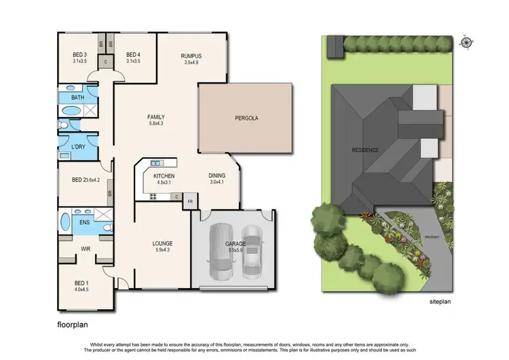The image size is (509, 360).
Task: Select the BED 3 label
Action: pos(80,55)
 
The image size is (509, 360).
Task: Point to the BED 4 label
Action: pos(134,55)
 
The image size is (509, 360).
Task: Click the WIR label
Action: pos(86,249)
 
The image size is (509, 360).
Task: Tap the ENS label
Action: pos(86,222)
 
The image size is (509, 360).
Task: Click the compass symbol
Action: pos(467,43)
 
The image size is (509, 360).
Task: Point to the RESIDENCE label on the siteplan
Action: pos(364,149)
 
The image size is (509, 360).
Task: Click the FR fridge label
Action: pos(190,201)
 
